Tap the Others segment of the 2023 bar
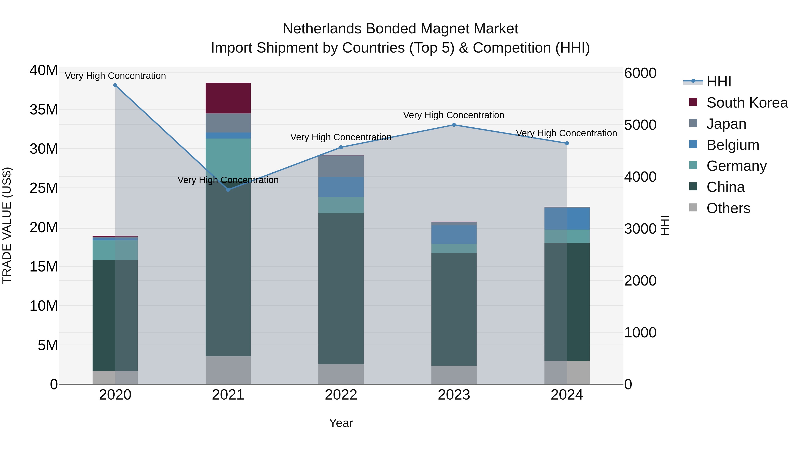pyautogui.click(x=454, y=375)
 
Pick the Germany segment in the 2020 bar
pyautogui.click(x=115, y=250)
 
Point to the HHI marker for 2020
pyautogui.click(x=115, y=85)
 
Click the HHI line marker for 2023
pyautogui.click(x=454, y=125)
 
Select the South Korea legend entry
pyautogui.click(x=746, y=103)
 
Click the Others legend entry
pyautogui.click(x=728, y=208)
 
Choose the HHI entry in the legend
pyautogui.click(x=718, y=82)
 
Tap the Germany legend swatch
pyautogui.click(x=693, y=165)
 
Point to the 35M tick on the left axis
pyautogui.click(x=44, y=110)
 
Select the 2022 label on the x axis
pyautogui.click(x=341, y=395)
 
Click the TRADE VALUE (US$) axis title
pyautogui.click(x=7, y=225)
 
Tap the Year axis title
pyautogui.click(x=341, y=423)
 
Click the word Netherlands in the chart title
pyautogui.click(x=322, y=29)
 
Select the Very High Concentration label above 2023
pyautogui.click(x=453, y=115)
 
